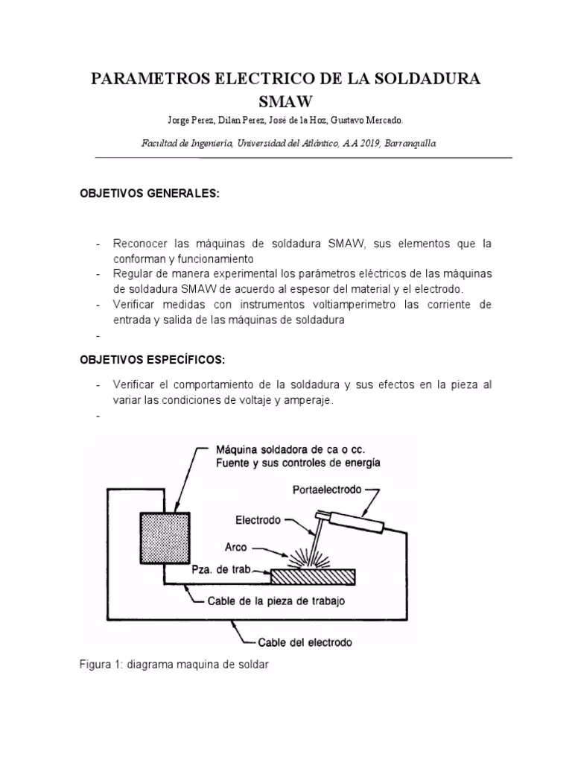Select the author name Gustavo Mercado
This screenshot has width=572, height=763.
(378, 120)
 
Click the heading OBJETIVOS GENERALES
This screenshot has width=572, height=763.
(150, 194)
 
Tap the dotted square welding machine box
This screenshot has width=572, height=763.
(164, 537)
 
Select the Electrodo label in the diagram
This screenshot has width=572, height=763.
(258, 520)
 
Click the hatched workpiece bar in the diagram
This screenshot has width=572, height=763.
(313, 576)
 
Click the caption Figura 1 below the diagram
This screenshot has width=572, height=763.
(174, 665)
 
